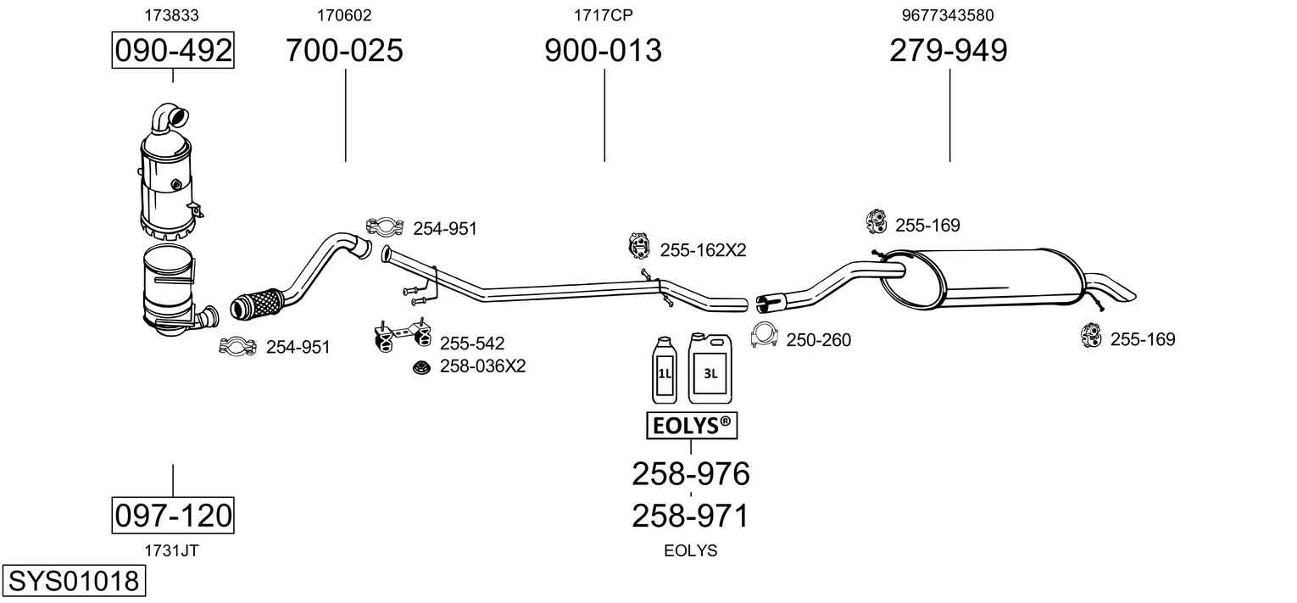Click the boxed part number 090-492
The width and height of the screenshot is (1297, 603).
(x=173, y=51)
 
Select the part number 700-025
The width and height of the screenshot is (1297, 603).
(x=344, y=51)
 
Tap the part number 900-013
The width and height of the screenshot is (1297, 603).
(x=603, y=51)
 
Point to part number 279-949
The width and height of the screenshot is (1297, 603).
(x=949, y=51)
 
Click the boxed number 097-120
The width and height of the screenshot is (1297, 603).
(x=173, y=515)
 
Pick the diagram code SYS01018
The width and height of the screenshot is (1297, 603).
(x=72, y=582)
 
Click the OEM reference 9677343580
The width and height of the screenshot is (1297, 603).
(x=948, y=14)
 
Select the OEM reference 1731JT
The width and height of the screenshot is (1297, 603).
(x=172, y=550)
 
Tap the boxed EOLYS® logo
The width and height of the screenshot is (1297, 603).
(x=691, y=426)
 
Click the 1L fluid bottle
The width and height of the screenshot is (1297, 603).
(x=665, y=370)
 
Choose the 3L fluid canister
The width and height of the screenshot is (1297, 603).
(x=710, y=367)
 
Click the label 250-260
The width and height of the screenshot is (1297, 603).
(x=818, y=340)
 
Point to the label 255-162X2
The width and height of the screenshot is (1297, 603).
(x=703, y=250)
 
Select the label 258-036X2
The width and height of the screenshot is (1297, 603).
(x=482, y=366)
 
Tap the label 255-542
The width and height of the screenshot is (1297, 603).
(x=471, y=343)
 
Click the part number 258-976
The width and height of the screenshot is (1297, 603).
(x=691, y=474)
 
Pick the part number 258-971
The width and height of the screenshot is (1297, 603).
(x=691, y=516)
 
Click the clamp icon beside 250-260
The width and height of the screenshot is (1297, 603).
(x=765, y=336)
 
